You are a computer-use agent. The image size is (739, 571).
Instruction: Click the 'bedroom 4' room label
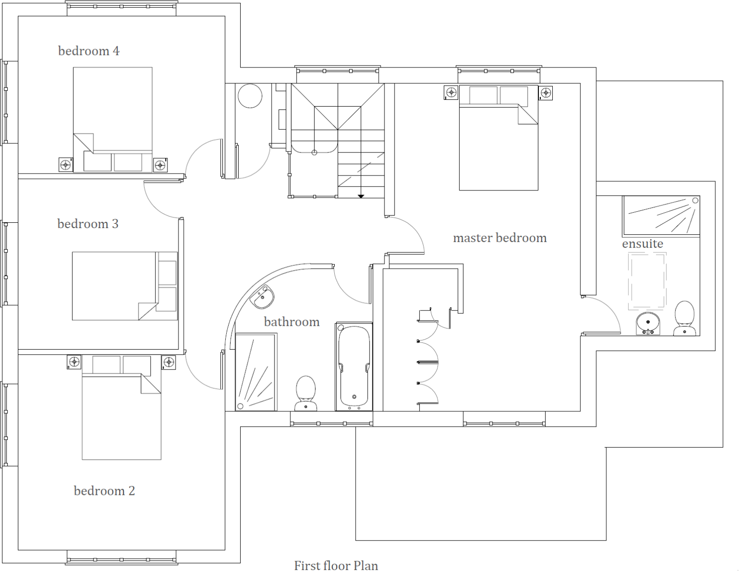(89, 51)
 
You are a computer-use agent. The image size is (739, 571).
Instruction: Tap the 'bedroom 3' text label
(88, 224)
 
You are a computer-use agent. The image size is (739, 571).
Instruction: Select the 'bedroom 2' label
(104, 491)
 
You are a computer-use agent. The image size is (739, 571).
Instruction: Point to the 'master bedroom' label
(500, 238)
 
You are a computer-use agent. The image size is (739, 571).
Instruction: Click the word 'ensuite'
(643, 244)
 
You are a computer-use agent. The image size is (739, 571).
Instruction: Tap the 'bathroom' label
(292, 322)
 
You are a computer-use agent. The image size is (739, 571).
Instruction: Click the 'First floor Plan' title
(336, 565)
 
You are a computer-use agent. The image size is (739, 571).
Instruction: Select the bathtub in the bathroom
(354, 367)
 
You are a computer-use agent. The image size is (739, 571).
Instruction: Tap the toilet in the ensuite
(684, 317)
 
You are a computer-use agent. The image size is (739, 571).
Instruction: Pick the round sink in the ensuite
(648, 323)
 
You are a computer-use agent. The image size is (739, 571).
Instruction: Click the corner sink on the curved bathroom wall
(263, 297)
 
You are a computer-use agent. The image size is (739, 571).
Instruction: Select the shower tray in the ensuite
(661, 216)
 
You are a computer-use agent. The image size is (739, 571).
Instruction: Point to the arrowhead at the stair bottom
(361, 196)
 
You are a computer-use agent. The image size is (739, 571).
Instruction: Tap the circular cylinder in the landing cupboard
(250, 96)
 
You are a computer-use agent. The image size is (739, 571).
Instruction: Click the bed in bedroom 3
(125, 286)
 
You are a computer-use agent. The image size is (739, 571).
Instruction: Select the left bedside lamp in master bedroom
(451, 93)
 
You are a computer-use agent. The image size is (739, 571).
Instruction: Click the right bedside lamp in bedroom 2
(168, 362)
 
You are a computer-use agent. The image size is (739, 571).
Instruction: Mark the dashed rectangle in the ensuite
(647, 281)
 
